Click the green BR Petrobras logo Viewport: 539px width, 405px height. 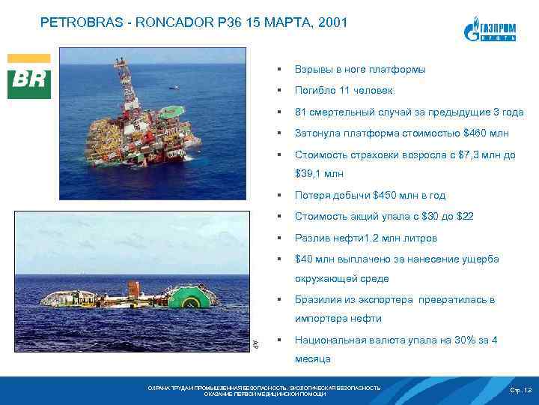click(29, 76)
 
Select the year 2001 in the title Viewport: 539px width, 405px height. click(332, 23)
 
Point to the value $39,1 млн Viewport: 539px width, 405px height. click(320, 173)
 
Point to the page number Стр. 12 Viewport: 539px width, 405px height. click(520, 391)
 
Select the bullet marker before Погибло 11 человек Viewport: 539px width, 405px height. click(278, 91)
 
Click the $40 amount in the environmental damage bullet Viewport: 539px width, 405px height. click(304, 259)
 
